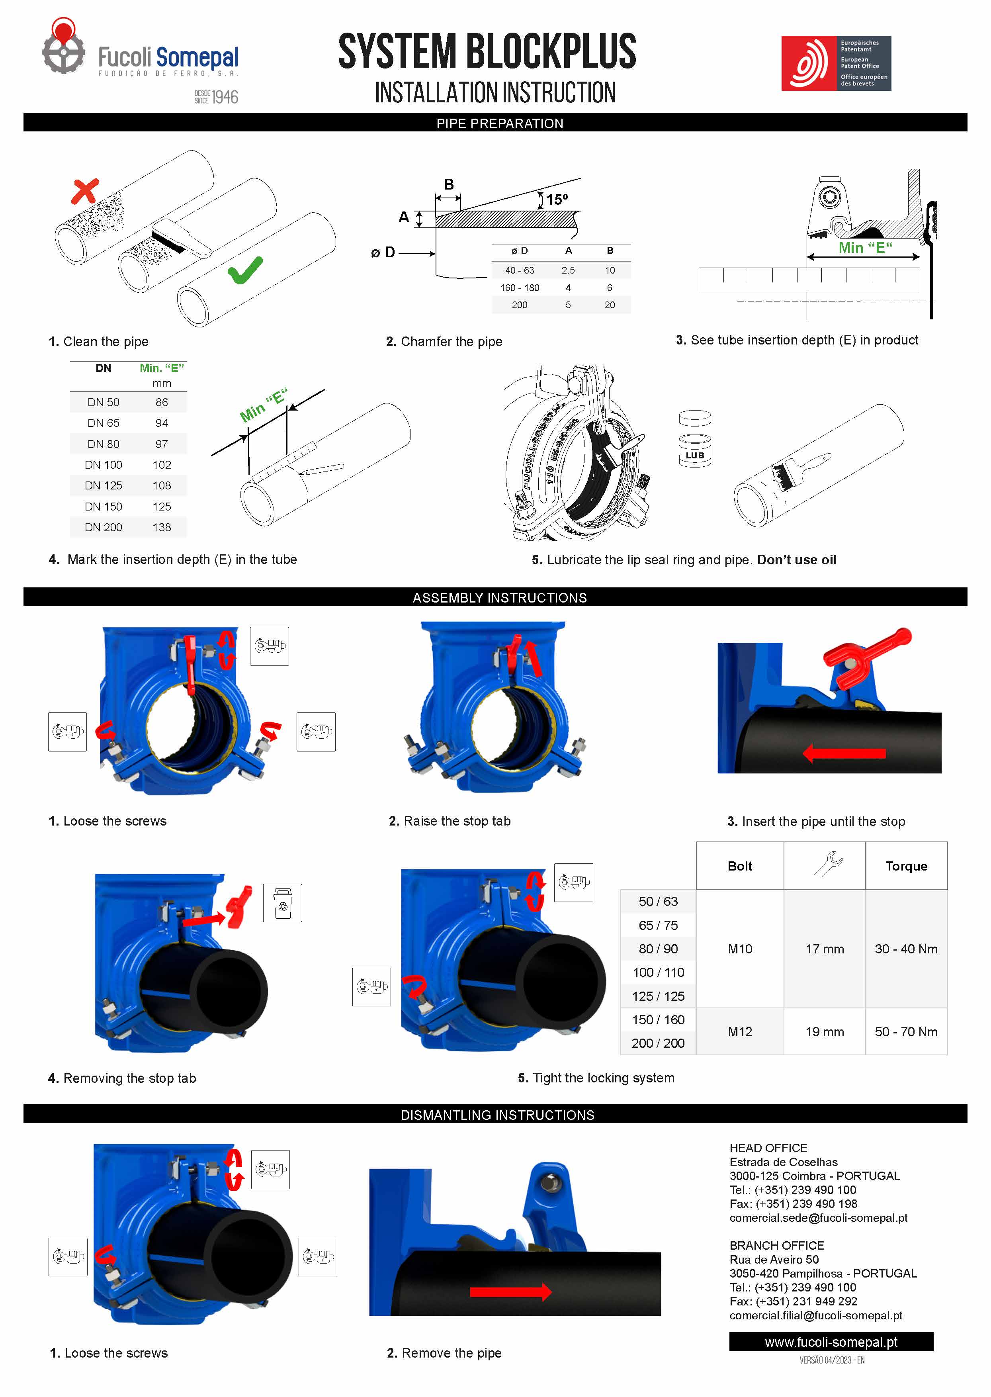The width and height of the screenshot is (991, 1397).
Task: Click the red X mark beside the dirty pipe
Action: tap(85, 191)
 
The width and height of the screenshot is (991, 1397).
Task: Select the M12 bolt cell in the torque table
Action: tap(740, 1031)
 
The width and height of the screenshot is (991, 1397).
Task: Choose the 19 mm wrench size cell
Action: tap(825, 1031)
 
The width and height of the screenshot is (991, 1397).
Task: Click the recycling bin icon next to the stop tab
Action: tap(283, 903)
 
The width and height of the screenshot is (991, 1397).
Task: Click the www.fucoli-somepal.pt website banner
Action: tap(831, 1342)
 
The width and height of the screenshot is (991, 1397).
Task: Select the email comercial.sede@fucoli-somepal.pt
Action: tap(818, 1217)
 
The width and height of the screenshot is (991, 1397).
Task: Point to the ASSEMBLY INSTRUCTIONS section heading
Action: tap(499, 597)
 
